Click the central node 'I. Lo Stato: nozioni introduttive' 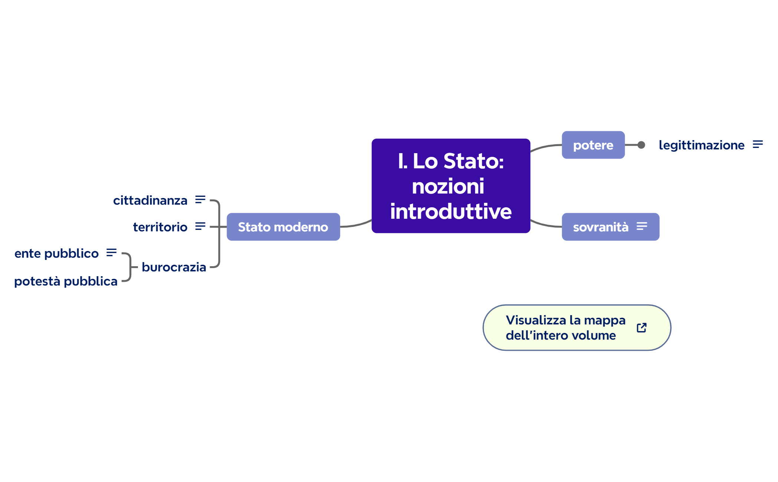coord(451,186)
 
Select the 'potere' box coord(593,145)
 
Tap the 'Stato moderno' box coord(283,227)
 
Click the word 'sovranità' coord(600,227)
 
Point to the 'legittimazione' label coord(701,145)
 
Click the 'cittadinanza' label coord(150,200)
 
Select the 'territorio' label coord(160,227)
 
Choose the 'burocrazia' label coord(174,267)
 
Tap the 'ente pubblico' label coord(56,253)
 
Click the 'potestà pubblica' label coord(66,281)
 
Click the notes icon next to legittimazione coord(758,144)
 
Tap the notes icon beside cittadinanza coord(200,199)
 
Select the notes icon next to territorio coord(200,226)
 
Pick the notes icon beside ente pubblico coord(111,252)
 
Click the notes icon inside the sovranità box coord(642,226)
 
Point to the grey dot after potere coord(641,145)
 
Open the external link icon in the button coord(642,328)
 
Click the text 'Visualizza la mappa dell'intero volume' coord(565,328)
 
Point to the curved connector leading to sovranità coord(546,225)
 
